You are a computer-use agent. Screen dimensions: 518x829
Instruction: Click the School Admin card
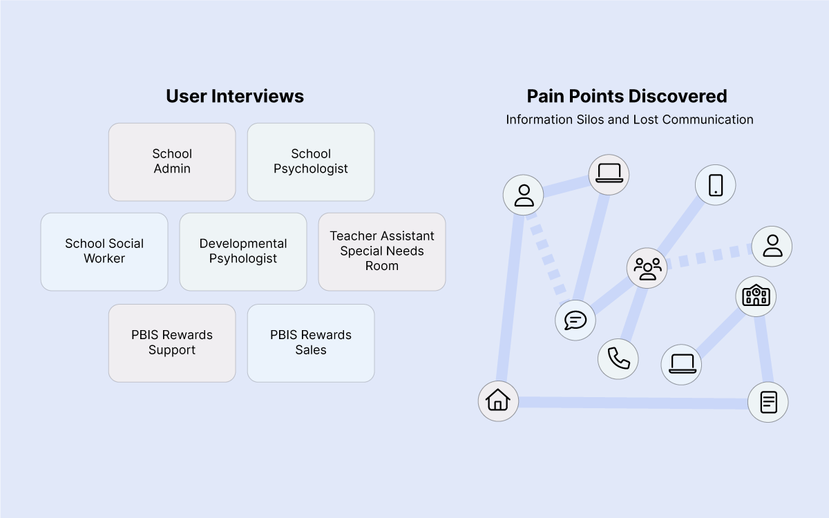[x=172, y=162]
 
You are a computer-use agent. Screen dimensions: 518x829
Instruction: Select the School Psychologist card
[x=311, y=162]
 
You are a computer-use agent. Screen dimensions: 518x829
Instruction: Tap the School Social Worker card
[x=104, y=251]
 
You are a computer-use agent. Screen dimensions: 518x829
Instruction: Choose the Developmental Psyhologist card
[x=243, y=251]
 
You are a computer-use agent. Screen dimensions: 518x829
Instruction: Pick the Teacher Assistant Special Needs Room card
[x=382, y=251]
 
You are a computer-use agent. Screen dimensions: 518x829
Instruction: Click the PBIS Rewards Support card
[x=172, y=343]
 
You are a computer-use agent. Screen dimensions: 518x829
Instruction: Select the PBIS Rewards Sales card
[x=311, y=343]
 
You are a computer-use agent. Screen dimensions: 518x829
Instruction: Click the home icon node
[x=498, y=401]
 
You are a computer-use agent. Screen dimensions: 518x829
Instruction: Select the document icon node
[x=768, y=402]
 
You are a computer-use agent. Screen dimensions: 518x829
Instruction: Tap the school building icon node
[x=756, y=296]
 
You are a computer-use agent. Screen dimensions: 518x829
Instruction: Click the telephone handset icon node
[x=618, y=358]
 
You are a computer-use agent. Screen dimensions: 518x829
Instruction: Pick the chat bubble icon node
[x=575, y=320]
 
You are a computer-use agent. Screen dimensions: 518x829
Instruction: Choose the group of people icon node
[x=647, y=267]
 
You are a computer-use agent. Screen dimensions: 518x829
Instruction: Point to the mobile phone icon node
[x=715, y=184]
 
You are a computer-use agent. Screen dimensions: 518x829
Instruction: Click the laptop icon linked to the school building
[x=681, y=363]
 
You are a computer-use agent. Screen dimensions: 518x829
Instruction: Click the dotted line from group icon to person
[x=708, y=257]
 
